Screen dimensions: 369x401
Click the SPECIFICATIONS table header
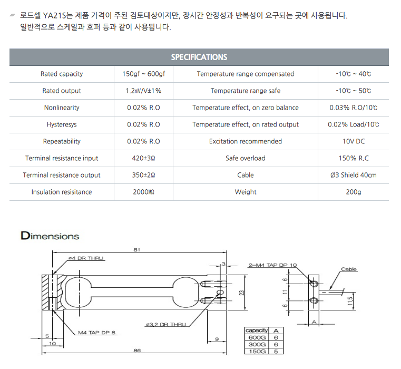(199, 57)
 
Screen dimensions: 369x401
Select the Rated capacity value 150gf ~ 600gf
(144, 74)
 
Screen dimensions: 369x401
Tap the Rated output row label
(62, 91)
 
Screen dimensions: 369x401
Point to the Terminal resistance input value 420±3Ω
(144, 158)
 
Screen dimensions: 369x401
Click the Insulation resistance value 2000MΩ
(144, 192)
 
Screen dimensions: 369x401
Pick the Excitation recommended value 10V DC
(353, 141)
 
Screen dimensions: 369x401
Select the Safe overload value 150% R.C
(353, 158)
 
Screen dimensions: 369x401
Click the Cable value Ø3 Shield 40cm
(353, 175)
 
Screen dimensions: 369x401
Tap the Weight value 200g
(353, 192)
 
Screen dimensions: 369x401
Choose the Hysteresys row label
(62, 124)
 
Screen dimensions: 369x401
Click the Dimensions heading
(50, 236)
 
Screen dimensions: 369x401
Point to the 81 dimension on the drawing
(137, 250)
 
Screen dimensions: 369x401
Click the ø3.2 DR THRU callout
(165, 325)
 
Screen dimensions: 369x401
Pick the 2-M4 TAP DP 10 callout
(272, 265)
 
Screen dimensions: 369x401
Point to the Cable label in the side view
(349, 269)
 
